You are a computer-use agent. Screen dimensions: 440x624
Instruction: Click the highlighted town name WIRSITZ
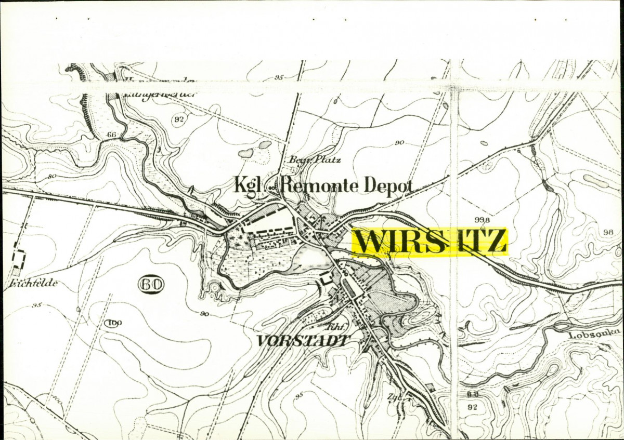(x=430, y=242)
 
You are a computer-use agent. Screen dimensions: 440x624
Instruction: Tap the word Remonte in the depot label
(x=318, y=185)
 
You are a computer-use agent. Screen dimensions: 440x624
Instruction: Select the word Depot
(x=388, y=185)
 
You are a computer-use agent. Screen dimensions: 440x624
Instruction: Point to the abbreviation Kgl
(x=249, y=185)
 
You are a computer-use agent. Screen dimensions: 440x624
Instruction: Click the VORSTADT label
(x=302, y=341)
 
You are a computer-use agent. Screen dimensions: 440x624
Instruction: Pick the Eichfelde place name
(x=32, y=284)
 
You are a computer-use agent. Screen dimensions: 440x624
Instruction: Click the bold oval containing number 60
(x=151, y=284)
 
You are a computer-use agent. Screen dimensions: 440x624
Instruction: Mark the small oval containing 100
(x=113, y=324)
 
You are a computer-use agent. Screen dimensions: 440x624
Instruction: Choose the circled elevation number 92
(x=179, y=119)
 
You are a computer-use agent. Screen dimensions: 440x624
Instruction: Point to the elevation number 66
(x=111, y=135)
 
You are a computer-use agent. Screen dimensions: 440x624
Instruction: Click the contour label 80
(x=51, y=176)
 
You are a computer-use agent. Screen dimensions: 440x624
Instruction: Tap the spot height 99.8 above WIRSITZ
(x=482, y=220)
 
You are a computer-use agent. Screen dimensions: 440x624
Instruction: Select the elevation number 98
(x=609, y=231)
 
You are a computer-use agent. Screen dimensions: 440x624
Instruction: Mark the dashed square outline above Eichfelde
(x=19, y=259)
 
